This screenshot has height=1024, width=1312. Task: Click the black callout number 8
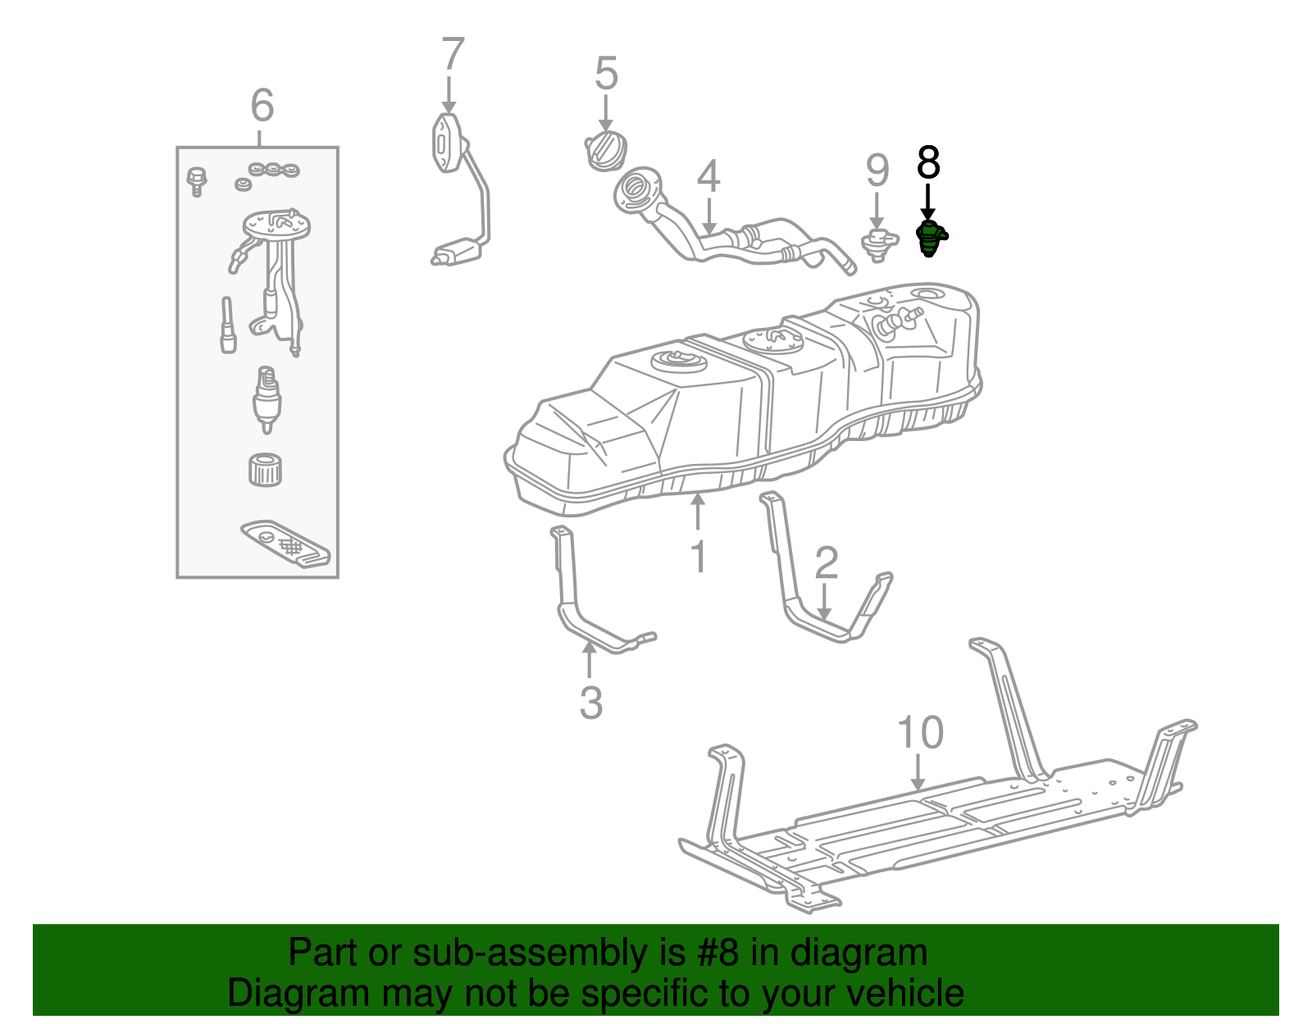point(928,162)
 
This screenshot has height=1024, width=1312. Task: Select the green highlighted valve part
point(929,238)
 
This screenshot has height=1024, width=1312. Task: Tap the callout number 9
point(877,171)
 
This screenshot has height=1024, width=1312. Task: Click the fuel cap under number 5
point(605,151)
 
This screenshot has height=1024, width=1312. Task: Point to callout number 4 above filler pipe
point(709,177)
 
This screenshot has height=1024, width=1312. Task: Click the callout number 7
point(453,55)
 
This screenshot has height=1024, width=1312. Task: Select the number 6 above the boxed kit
point(262,106)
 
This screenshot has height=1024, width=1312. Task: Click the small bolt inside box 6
point(197,180)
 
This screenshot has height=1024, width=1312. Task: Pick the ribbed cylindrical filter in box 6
point(265,470)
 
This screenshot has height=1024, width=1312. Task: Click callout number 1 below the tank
point(698,557)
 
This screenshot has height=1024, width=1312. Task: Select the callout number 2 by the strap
point(827,562)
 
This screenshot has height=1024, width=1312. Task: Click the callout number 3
point(590,703)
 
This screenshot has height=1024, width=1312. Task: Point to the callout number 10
point(920,732)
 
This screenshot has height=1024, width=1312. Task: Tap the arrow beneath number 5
point(605,112)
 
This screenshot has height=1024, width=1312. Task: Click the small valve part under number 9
point(877,243)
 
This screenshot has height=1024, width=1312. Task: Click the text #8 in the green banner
point(718,953)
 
